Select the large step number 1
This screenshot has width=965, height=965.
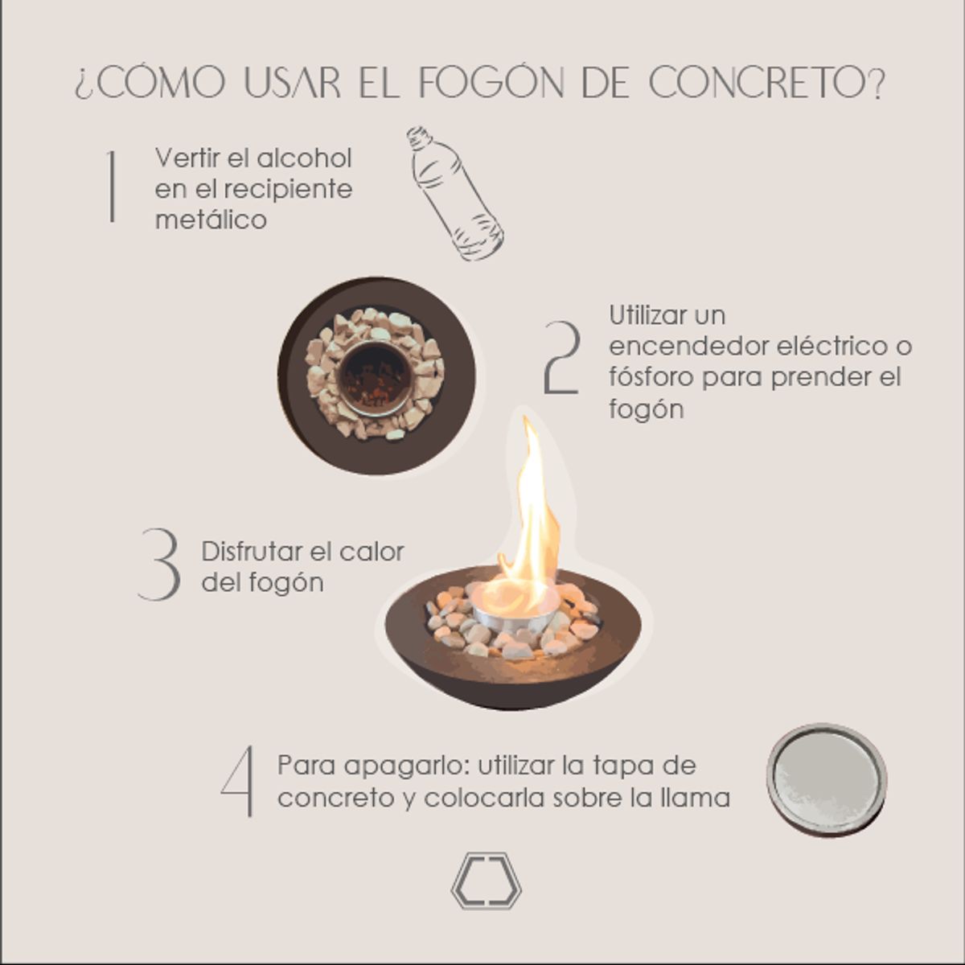[x=112, y=186]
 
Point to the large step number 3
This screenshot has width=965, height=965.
[x=159, y=565]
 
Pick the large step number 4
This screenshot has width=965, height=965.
[x=239, y=781]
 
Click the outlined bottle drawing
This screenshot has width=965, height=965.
[x=454, y=194]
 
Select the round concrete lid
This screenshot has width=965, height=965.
[x=826, y=779]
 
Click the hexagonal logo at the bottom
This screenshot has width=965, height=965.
[x=486, y=881]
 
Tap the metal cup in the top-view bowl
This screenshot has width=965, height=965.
[x=376, y=376]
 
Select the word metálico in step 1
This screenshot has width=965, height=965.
[x=211, y=220]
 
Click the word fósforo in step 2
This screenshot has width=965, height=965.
[x=652, y=377]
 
